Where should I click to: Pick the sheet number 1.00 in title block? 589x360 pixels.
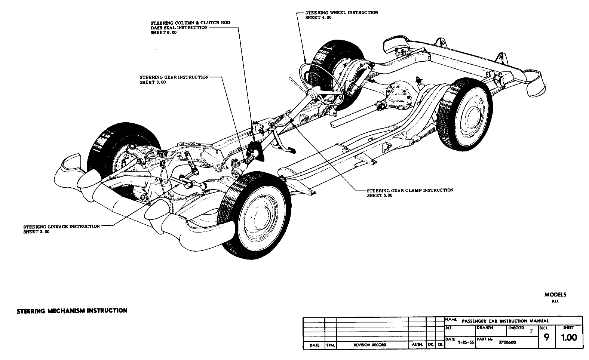tap(569, 338)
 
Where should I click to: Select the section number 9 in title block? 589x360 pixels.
tap(547, 338)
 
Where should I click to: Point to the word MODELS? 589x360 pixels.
tap(555, 295)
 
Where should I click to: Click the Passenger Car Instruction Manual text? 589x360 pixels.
tap(505, 321)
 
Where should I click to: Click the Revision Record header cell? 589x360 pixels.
tap(369, 345)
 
